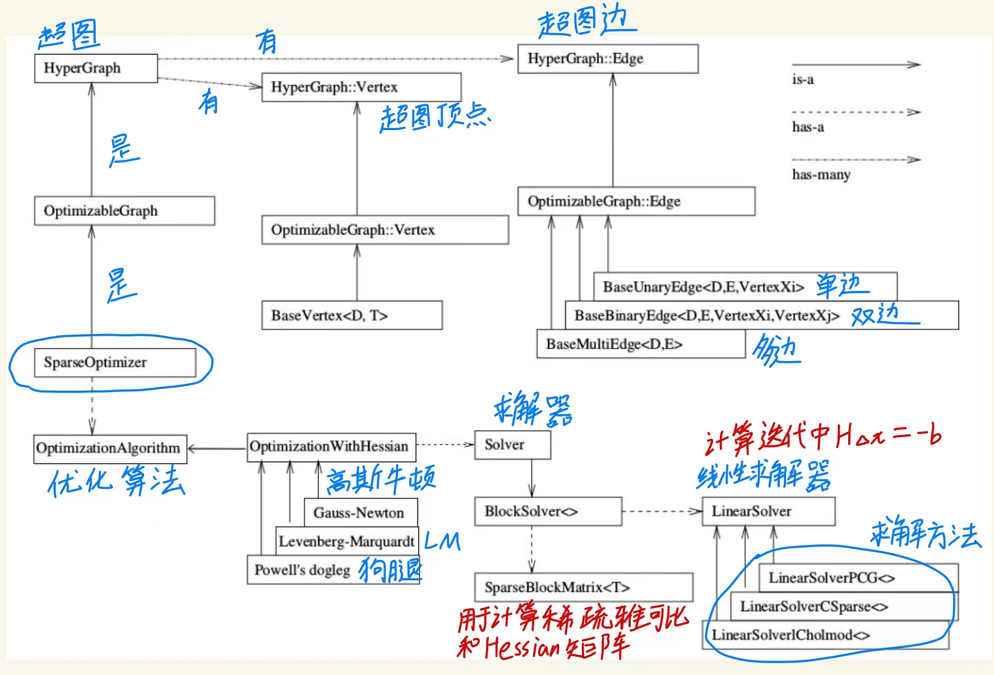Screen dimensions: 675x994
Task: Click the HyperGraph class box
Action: pyautogui.click(x=95, y=68)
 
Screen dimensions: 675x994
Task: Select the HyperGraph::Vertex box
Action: pyautogui.click(x=361, y=87)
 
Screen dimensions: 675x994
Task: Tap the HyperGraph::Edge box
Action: pyautogui.click(x=607, y=59)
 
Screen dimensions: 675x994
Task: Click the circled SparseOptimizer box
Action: pyautogui.click(x=114, y=363)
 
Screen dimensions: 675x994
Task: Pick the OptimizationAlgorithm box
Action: pyautogui.click(x=110, y=449)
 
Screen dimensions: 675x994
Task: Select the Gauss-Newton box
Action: pyautogui.click(x=360, y=512)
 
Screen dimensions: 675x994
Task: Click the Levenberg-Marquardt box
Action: pyautogui.click(x=346, y=541)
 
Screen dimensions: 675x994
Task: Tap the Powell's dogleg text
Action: pyautogui.click(x=302, y=570)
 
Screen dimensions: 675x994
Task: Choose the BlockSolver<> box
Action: pyautogui.click(x=547, y=511)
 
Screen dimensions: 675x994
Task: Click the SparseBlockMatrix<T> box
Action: pyautogui.click(x=583, y=588)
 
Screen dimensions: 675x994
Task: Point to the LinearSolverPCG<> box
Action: pyautogui.click(x=858, y=578)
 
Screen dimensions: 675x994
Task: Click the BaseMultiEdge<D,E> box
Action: pyautogui.click(x=640, y=344)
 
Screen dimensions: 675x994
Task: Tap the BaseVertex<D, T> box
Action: pyautogui.click(x=352, y=316)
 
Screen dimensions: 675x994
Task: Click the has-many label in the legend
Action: pyautogui.click(x=821, y=175)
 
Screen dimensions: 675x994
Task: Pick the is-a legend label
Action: pyautogui.click(x=803, y=80)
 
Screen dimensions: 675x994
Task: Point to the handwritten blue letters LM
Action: pyautogui.click(x=442, y=541)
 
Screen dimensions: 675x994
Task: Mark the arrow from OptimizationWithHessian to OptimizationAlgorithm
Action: pyautogui.click(x=217, y=449)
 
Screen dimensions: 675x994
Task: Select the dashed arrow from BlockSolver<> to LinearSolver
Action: pyautogui.click(x=662, y=511)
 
